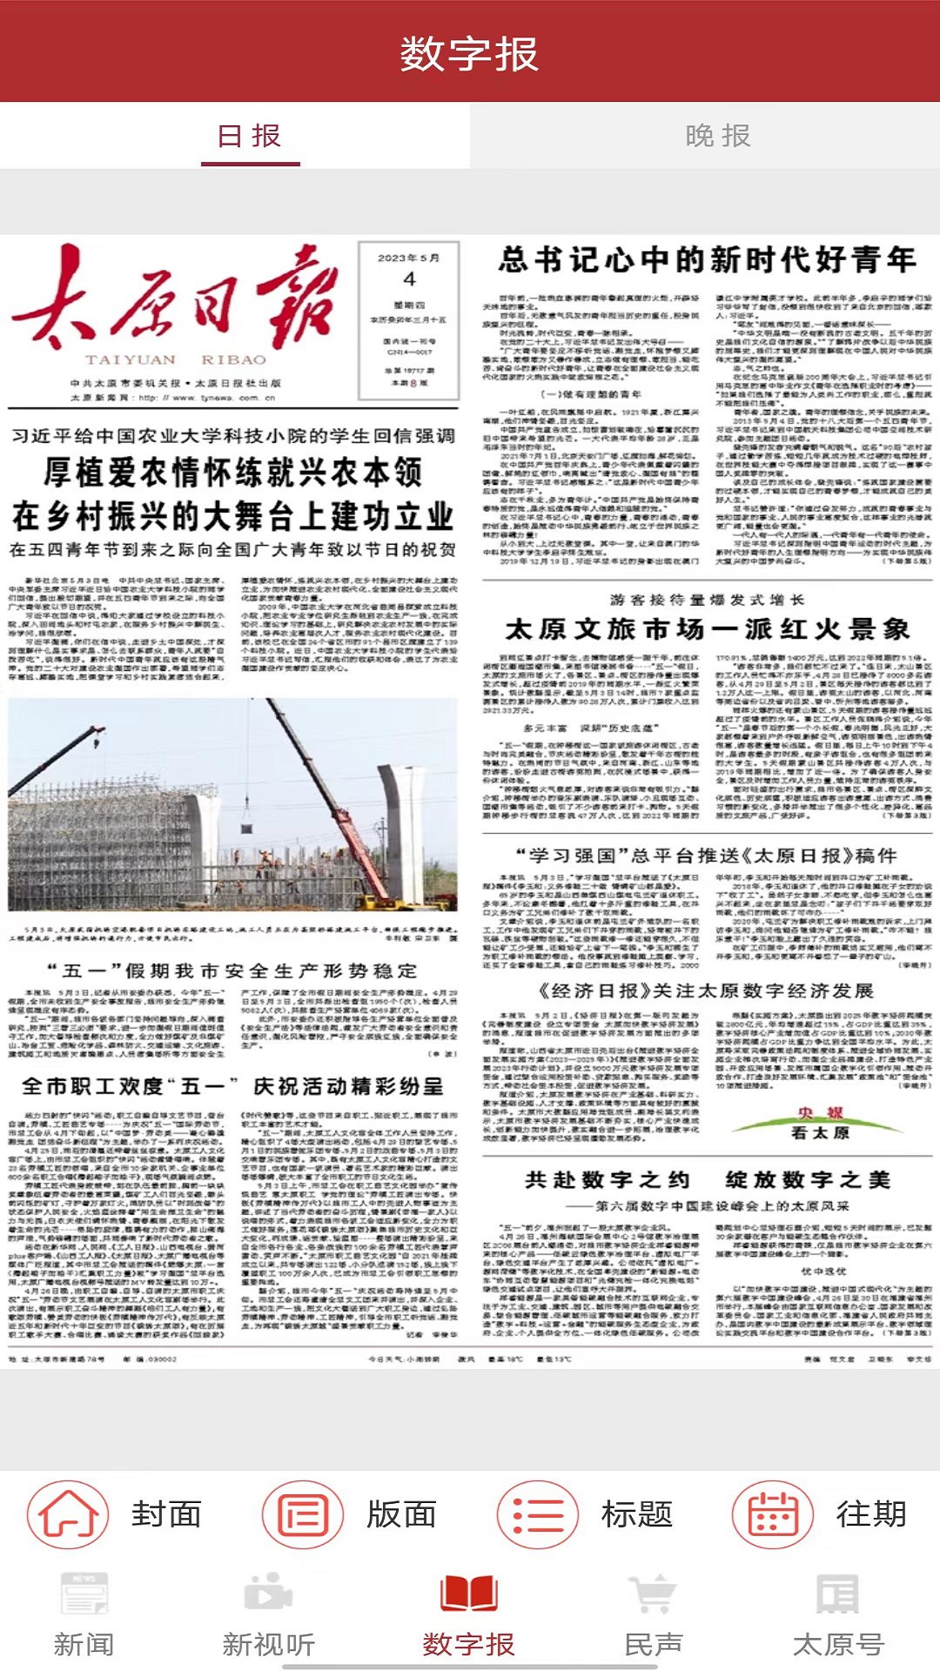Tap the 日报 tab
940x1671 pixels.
250,137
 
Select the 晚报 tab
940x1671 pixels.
717,137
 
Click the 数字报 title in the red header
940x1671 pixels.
469,54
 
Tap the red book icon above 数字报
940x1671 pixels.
469,1594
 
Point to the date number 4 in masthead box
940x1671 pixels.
409,280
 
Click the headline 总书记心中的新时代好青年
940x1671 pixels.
707,259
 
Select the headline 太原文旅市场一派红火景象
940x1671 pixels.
707,628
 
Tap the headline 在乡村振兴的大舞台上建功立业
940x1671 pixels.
233,516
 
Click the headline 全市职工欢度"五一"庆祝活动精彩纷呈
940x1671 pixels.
233,1086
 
